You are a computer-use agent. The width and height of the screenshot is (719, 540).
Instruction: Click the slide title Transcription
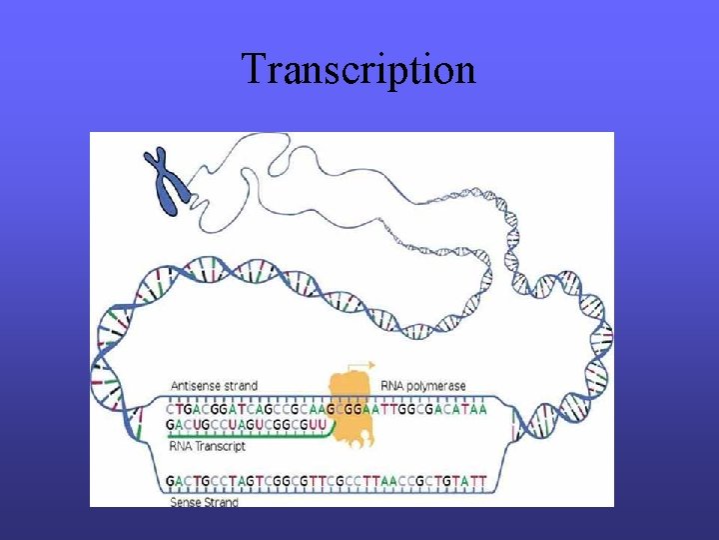click(359, 70)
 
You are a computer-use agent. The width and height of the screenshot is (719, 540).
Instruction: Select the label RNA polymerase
click(423, 386)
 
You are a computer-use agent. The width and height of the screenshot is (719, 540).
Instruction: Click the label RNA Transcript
click(207, 447)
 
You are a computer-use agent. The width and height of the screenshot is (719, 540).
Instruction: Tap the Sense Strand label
click(205, 502)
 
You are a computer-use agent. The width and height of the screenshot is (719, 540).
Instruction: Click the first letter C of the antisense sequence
click(172, 408)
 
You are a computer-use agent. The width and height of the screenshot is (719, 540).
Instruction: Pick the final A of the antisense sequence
click(483, 408)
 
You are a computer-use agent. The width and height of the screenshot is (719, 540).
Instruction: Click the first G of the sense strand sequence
click(172, 482)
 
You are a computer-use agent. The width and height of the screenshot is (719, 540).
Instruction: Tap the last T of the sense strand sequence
click(483, 482)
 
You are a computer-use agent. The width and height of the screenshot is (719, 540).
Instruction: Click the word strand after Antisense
click(241, 386)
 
